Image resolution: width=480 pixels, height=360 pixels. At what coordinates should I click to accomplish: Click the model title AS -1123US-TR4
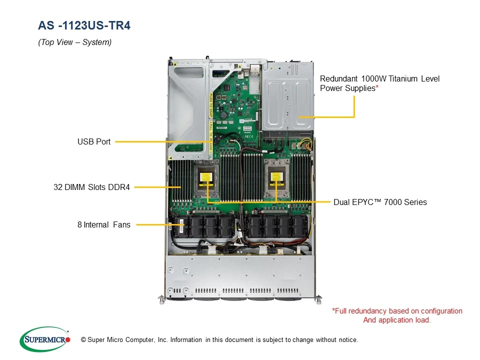point(84,25)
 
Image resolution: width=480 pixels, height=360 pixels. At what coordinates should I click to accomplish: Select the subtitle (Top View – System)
point(74,42)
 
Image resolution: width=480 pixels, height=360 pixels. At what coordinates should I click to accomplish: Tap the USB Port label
point(94,142)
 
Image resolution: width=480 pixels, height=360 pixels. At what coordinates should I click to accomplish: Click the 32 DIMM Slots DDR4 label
point(91,187)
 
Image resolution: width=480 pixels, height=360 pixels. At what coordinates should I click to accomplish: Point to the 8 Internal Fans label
point(104,225)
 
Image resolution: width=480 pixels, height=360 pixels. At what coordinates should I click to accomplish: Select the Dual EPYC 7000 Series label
point(380,202)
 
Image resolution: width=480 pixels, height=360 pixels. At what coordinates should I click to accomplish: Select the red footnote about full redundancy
point(397,315)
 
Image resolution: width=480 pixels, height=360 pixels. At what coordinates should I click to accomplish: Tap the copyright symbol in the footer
point(83,340)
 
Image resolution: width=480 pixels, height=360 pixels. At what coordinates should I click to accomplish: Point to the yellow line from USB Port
point(165,142)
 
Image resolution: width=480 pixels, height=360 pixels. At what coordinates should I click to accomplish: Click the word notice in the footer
point(347,340)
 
